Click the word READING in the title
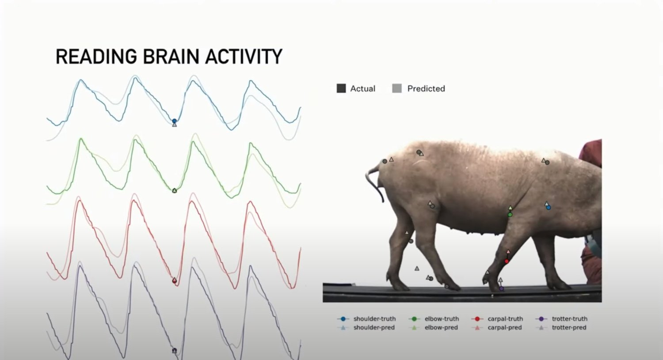(x=96, y=57)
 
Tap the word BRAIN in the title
(x=171, y=57)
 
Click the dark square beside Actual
(x=341, y=88)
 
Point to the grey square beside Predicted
(x=397, y=88)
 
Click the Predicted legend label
(x=426, y=88)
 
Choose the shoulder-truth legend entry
(x=366, y=318)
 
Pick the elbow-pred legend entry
(x=433, y=327)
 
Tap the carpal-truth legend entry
(x=497, y=318)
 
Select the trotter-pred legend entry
(x=561, y=327)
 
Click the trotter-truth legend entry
(x=561, y=318)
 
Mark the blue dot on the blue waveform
(x=174, y=121)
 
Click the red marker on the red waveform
(x=174, y=280)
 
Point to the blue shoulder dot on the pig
(x=548, y=208)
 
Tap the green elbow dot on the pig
(x=510, y=215)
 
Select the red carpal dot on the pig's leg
(x=507, y=261)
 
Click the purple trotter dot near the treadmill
(x=501, y=288)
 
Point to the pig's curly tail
(x=373, y=183)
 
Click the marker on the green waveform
(x=174, y=191)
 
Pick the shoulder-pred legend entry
(x=366, y=327)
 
